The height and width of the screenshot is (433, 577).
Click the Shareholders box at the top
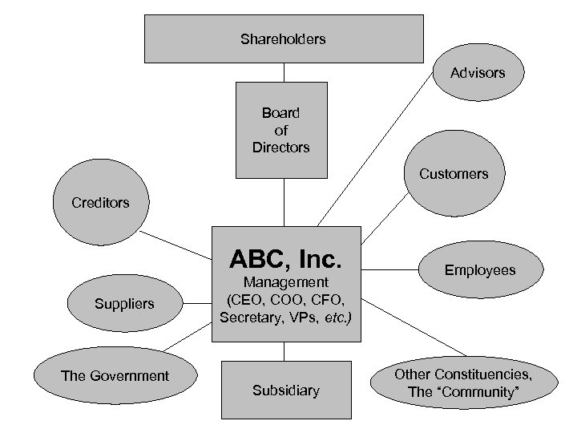pos(283,38)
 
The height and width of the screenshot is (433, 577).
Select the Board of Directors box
pos(280,130)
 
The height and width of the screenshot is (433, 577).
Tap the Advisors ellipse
pos(478,72)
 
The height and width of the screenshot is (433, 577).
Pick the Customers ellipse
pos(454,173)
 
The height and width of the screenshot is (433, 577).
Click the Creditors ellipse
pos(99,202)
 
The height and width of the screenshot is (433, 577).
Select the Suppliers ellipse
pos(124,304)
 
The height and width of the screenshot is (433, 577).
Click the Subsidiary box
pos(285,391)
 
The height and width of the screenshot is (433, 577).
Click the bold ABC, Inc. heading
pos(285,259)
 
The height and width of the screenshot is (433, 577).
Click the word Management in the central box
pos(285,282)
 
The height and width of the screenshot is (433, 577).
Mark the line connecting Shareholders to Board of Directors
pos(280,72)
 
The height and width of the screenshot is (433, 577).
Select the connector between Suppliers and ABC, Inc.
pos(196,302)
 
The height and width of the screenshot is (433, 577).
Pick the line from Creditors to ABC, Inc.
pos(176,245)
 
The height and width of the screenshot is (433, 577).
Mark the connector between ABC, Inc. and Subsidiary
pos(283,351)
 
